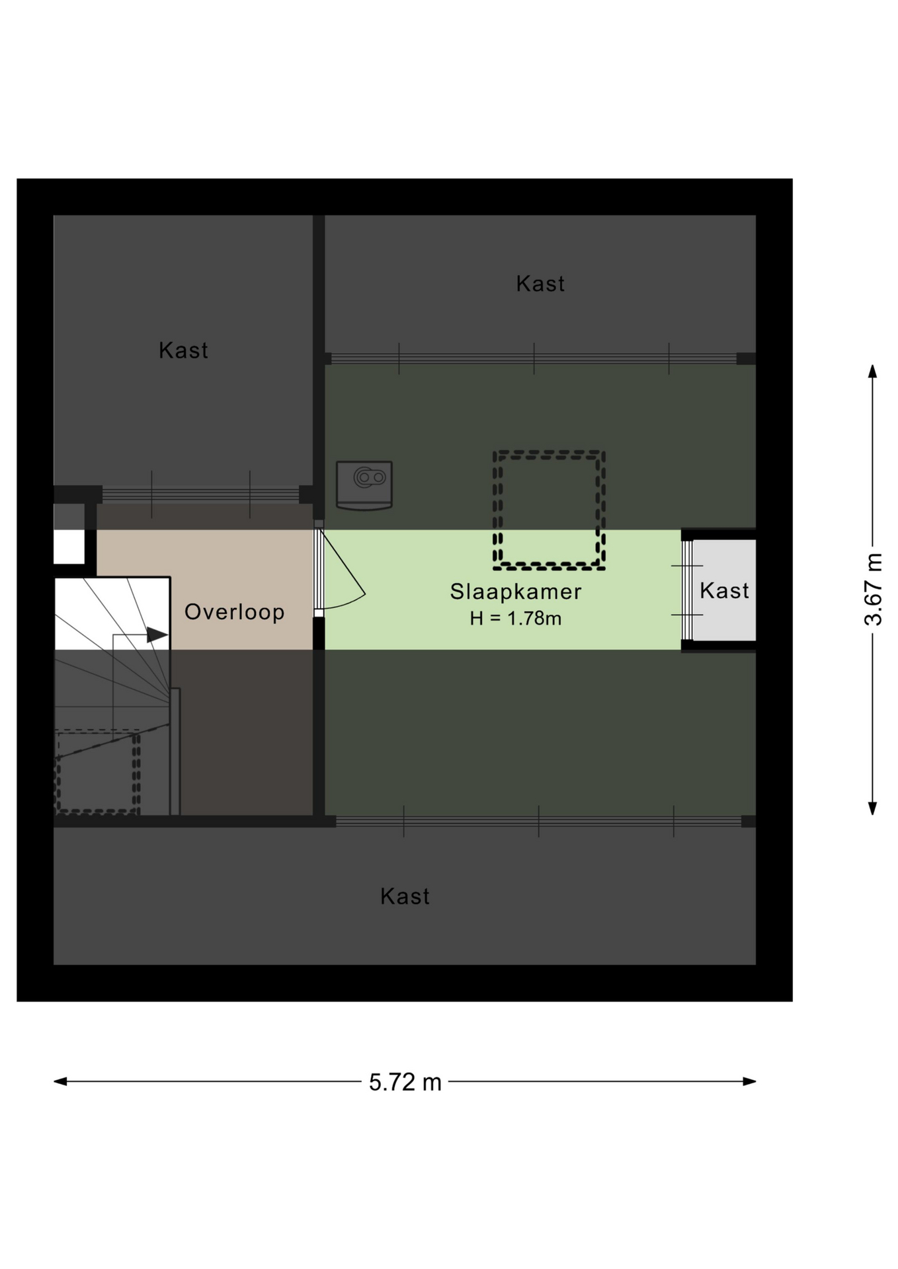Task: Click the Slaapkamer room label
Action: pos(516,592)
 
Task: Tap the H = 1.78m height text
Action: pos(516,619)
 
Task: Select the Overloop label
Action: pos(234,612)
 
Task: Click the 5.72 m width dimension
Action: pos(405,1082)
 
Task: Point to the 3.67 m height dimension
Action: pos(873,590)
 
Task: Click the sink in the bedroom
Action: pos(364,485)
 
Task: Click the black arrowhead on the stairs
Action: pos(157,635)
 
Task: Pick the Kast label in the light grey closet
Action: pos(724,591)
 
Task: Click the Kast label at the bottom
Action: pos(405,897)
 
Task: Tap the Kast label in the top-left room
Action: pos(183,350)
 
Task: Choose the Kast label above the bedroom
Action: pos(540,284)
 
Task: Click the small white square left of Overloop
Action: pos(69,547)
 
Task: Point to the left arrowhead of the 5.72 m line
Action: pos(60,1082)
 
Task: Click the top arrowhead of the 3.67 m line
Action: pos(873,371)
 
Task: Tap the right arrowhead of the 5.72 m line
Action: pos(749,1082)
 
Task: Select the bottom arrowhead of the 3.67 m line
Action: pos(873,808)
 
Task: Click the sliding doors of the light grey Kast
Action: pos(687,590)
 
